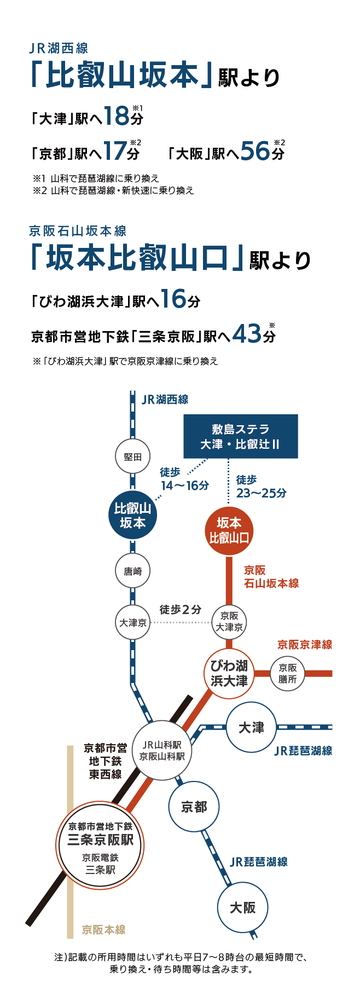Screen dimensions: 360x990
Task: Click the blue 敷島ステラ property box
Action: click(241, 436)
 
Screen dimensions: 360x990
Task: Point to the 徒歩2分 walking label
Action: click(181, 610)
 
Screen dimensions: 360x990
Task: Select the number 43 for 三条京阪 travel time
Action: click(247, 333)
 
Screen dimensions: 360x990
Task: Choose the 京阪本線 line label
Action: click(103, 930)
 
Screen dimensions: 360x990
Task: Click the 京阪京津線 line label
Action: click(305, 645)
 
